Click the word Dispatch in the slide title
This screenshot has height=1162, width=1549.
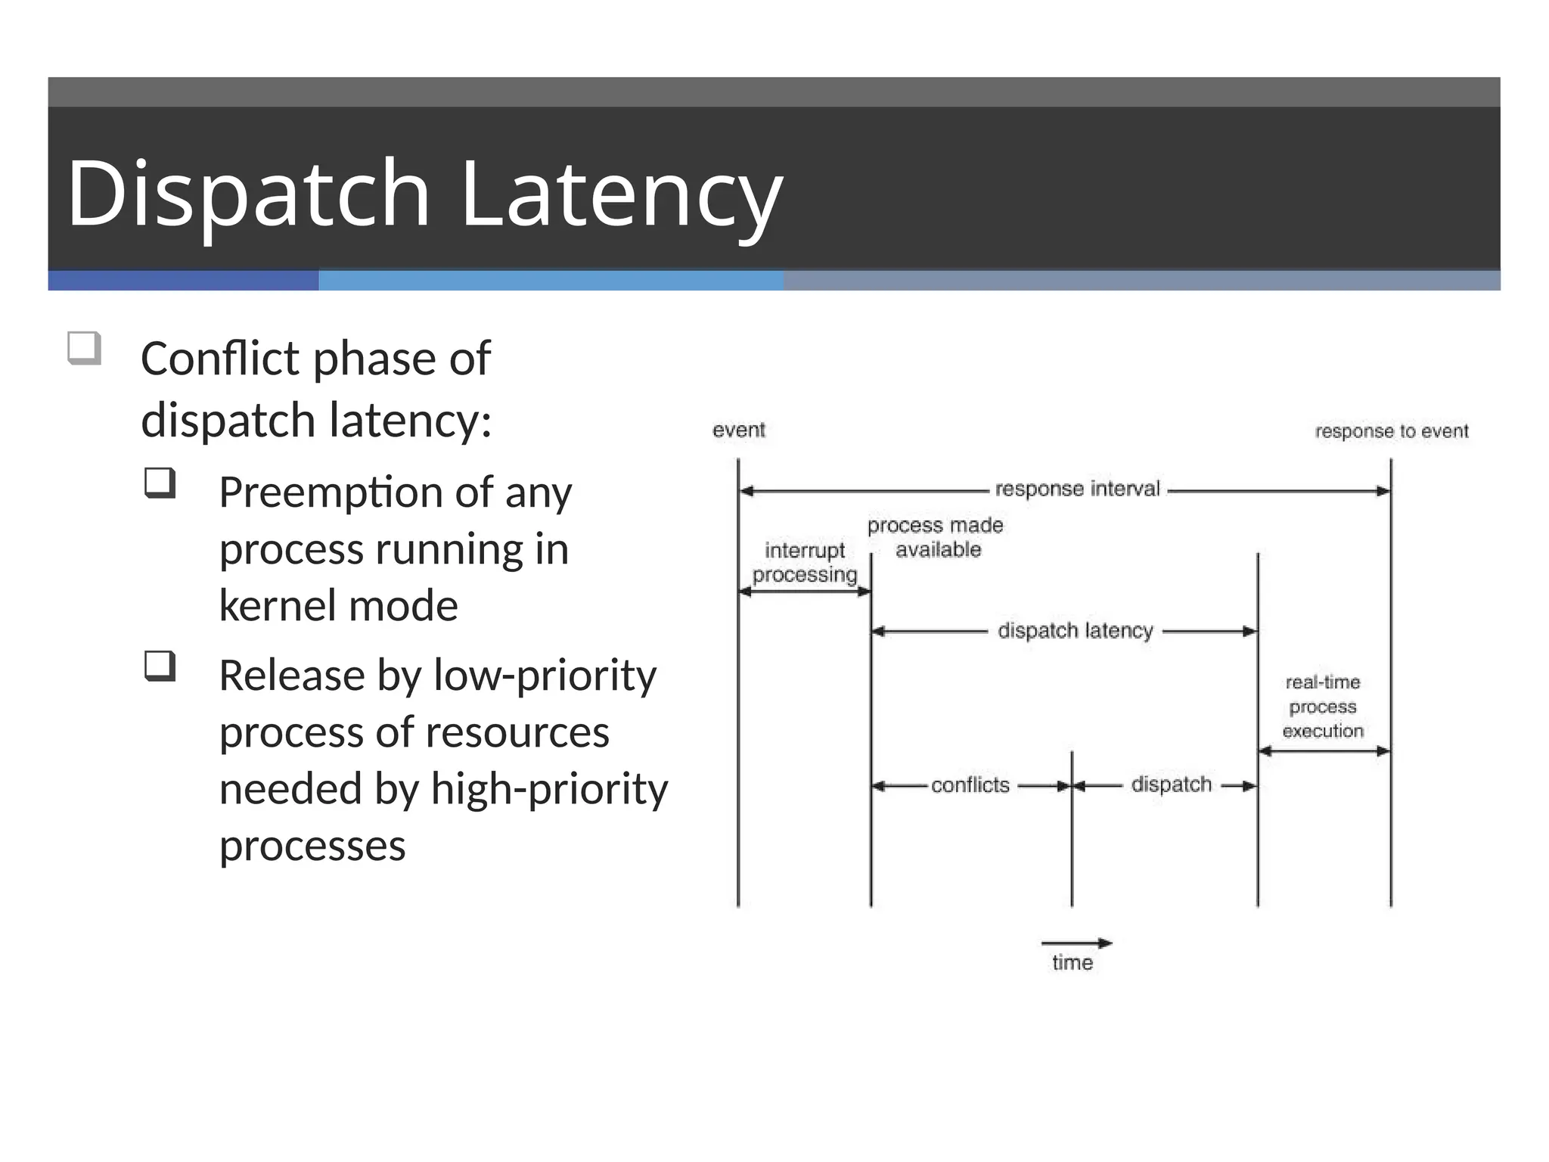coord(248,193)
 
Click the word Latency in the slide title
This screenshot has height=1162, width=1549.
coord(620,193)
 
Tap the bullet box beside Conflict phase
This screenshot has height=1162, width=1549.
coord(84,348)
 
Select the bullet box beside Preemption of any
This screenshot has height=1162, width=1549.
coord(160,483)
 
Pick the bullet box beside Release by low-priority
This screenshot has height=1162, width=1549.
coord(160,666)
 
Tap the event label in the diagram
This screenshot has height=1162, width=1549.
coord(738,430)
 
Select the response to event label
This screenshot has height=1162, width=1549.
coord(1391,431)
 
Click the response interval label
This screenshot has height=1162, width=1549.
coord(1077,489)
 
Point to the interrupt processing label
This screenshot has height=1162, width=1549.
coord(805,562)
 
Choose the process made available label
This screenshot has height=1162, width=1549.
coord(936,537)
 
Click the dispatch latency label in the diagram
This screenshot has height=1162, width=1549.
coord(1075,630)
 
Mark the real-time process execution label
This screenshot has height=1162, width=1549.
coord(1323,707)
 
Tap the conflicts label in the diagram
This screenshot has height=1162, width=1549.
coord(970,785)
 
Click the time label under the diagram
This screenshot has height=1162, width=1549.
coord(1072,962)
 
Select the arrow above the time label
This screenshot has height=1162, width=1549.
coord(1076,943)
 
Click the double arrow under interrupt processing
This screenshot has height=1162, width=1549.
coord(805,592)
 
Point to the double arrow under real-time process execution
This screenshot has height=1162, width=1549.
coord(1324,751)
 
